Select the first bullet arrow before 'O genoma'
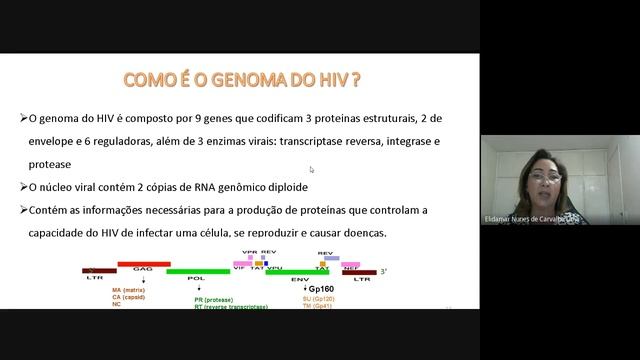23,118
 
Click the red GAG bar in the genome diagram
143,264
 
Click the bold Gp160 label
322,287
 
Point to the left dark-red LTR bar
98,270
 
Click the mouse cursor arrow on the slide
312,170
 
